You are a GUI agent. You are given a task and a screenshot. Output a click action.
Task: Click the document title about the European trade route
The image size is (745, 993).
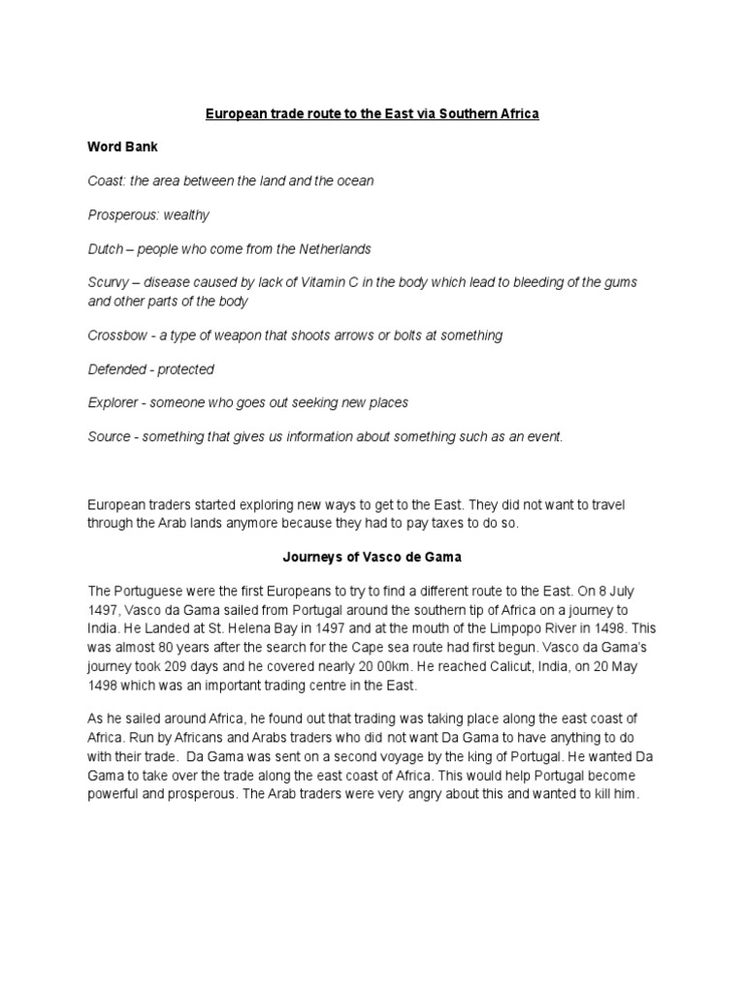(372, 113)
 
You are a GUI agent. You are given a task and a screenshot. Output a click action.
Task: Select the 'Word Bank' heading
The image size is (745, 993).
(122, 146)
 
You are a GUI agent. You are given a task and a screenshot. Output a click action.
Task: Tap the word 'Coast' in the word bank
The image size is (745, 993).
(105, 180)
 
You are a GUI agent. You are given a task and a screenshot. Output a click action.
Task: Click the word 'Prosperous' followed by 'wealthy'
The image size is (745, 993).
(122, 214)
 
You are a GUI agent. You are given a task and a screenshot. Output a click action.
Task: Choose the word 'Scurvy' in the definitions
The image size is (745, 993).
(108, 282)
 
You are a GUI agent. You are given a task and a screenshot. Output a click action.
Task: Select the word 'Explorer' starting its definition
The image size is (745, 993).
(114, 402)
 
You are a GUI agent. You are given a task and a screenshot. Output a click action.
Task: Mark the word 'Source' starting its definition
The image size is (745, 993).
(109, 436)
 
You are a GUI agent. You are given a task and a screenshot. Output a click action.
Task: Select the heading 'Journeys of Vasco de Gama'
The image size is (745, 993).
(372, 558)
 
